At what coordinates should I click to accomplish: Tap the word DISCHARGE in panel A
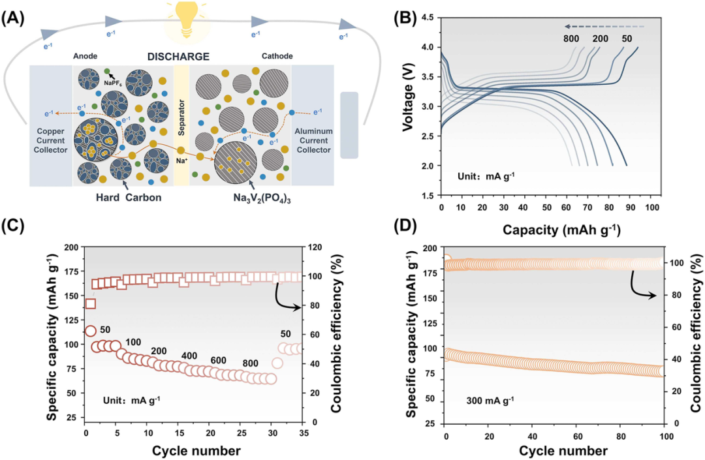pyautogui.click(x=178, y=57)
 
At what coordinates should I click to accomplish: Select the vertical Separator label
pyautogui.click(x=181, y=117)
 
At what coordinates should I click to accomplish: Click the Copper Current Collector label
pyautogui.click(x=50, y=140)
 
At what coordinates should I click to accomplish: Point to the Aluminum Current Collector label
pyautogui.click(x=313, y=140)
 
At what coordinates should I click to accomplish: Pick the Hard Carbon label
pyautogui.click(x=129, y=198)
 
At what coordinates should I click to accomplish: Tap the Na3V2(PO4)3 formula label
pyautogui.click(x=262, y=198)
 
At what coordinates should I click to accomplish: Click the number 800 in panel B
pyautogui.click(x=571, y=38)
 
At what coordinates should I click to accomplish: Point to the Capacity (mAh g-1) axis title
pyautogui.click(x=561, y=230)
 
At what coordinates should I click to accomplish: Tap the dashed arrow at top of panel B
pyautogui.click(x=604, y=27)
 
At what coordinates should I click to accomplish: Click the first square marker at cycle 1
pyautogui.click(x=90, y=303)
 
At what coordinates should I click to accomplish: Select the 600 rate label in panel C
pyautogui.click(x=219, y=361)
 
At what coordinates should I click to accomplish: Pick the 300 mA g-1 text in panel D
pyautogui.click(x=490, y=400)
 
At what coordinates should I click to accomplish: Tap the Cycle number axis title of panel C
pyautogui.click(x=196, y=451)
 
